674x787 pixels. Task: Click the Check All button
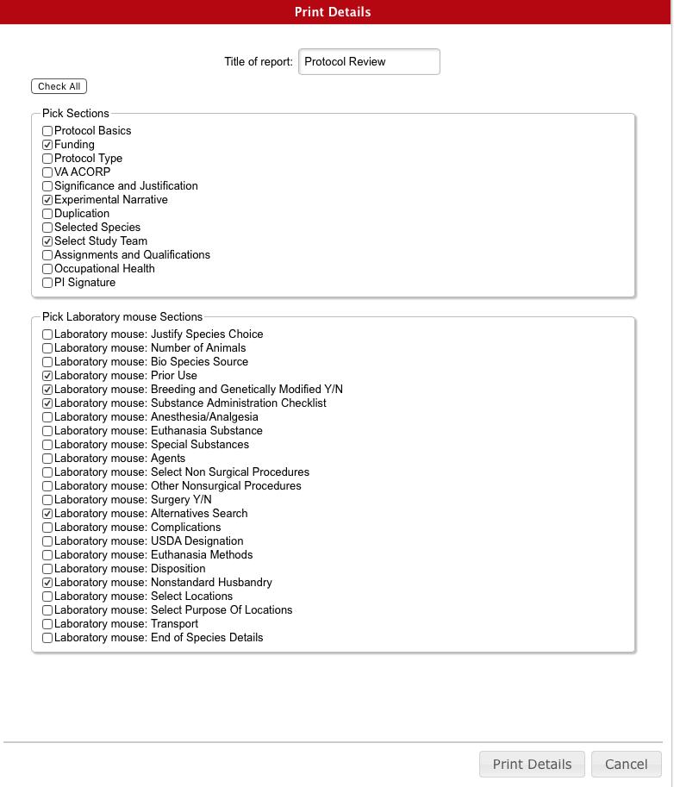(59, 86)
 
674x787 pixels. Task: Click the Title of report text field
(369, 62)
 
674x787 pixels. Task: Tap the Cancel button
(626, 764)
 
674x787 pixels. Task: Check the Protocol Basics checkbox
(47, 131)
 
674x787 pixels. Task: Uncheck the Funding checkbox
(47, 145)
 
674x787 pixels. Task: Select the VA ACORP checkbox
(47, 172)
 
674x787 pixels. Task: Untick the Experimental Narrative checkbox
(47, 200)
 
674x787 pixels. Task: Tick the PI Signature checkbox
(47, 283)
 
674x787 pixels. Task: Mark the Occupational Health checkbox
(47, 269)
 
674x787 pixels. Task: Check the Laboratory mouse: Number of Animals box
(47, 348)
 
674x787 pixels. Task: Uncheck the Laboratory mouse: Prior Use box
(47, 376)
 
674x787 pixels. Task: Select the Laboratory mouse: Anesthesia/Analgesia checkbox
(47, 417)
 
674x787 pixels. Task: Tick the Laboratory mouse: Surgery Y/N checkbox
(47, 500)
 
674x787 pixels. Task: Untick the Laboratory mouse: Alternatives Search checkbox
(47, 514)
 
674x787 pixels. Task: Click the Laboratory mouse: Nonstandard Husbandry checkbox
(47, 583)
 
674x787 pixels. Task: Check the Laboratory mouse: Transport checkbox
(47, 624)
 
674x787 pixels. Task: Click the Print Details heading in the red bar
(333, 12)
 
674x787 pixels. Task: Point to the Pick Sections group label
(76, 113)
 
